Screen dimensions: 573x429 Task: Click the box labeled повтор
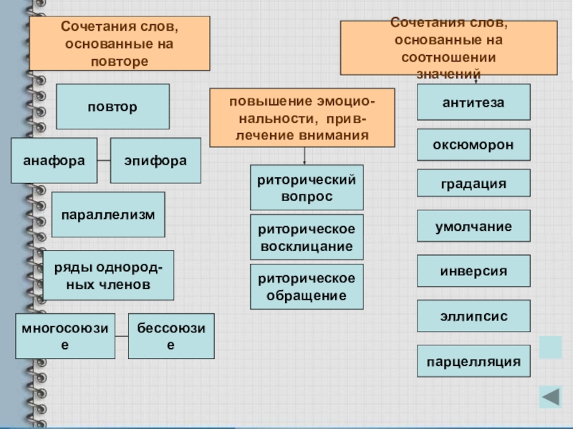click(112, 107)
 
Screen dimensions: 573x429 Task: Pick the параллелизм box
click(108, 214)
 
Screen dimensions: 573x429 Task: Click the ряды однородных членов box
click(108, 275)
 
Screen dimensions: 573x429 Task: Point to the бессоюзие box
click(171, 336)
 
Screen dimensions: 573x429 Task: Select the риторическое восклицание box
click(307, 237)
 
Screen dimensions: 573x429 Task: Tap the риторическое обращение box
click(307, 286)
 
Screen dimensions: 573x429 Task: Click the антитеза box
click(473, 102)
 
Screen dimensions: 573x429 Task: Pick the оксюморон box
click(473, 144)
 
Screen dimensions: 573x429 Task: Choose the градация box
click(473, 184)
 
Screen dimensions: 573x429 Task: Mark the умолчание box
click(473, 227)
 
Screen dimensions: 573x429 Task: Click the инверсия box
click(473, 272)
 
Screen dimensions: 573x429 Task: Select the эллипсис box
click(473, 316)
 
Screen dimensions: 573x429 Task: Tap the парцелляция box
click(473, 361)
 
